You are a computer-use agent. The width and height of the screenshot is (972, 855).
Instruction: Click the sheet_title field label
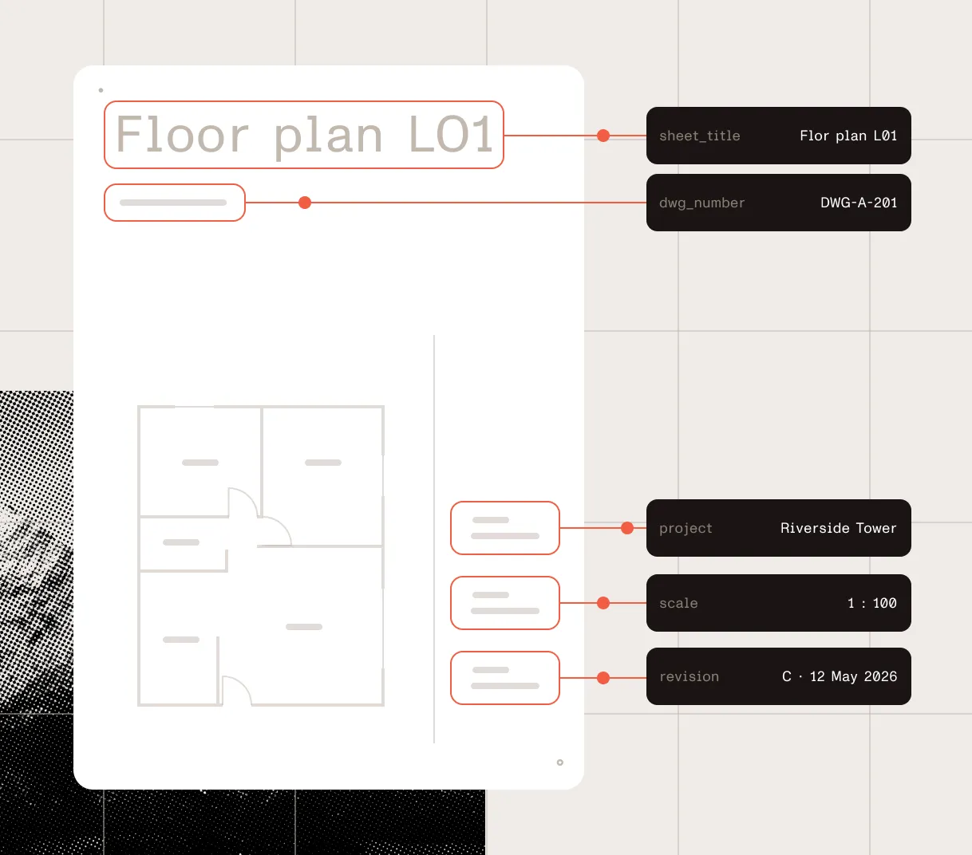(700, 136)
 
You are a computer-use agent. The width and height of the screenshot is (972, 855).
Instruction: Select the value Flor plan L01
(848, 136)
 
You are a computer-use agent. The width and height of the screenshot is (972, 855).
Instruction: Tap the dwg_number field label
(702, 203)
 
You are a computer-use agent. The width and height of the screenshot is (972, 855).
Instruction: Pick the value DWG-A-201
(859, 203)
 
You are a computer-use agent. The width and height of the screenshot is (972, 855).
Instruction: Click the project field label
(686, 529)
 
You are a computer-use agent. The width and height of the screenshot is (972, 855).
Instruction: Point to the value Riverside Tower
(839, 528)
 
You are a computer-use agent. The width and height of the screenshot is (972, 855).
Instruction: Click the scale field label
(678, 603)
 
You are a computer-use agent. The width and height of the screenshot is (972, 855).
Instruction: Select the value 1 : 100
(872, 603)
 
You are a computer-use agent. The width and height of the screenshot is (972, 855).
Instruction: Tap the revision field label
(689, 676)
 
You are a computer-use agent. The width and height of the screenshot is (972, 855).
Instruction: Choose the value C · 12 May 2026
(840, 676)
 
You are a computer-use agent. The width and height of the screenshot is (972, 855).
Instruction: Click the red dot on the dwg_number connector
(305, 203)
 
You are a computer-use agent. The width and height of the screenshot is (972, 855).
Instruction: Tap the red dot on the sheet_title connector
(603, 136)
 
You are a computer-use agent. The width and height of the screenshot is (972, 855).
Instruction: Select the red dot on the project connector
(627, 528)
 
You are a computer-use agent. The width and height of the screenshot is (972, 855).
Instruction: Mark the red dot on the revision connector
(603, 678)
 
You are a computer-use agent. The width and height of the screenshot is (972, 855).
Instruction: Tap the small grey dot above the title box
(101, 90)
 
